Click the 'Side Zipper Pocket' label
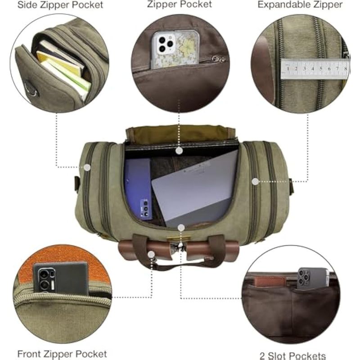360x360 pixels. click(60, 5)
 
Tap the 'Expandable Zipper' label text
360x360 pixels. click(300, 4)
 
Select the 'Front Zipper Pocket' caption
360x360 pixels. click(62, 354)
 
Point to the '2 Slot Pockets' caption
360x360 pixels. click(293, 355)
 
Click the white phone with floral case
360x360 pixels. click(175, 49)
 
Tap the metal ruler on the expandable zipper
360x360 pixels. click(315, 69)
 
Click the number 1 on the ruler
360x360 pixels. click(288, 68)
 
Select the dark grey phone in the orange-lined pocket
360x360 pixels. click(61, 279)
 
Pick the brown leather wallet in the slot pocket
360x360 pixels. click(270, 282)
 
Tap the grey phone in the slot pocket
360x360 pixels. click(313, 278)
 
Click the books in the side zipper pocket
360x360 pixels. click(63, 68)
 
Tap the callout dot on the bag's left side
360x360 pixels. click(87, 167)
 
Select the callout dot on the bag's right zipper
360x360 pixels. click(255, 182)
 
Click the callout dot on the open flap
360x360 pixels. click(179, 151)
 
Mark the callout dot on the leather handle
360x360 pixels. click(151, 254)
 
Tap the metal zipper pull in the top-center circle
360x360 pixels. click(218, 59)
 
